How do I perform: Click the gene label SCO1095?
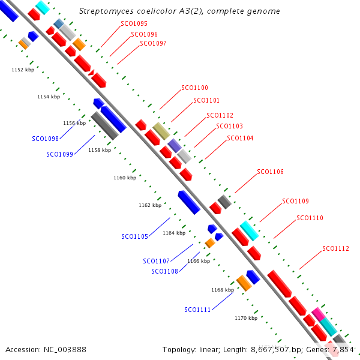pos(134,24)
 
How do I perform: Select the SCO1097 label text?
pos(153,44)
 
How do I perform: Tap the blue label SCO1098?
pos(45,139)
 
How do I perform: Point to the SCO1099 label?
pos(59,154)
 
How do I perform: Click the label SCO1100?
pos(194,88)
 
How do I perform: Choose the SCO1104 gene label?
pos(240,139)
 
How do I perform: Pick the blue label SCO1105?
pos(134,236)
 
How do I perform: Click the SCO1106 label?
pos(270,172)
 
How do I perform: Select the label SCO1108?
pos(164,271)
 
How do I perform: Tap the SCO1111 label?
pos(197,310)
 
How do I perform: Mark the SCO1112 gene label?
pos(335,248)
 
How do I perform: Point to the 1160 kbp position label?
pos(125,178)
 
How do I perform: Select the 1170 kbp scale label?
pos(245,318)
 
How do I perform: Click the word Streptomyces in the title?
pos(106,11)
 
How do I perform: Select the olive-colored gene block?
pos(161,131)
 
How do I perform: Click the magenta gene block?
pos(319,313)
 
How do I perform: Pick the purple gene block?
pos(175,145)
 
